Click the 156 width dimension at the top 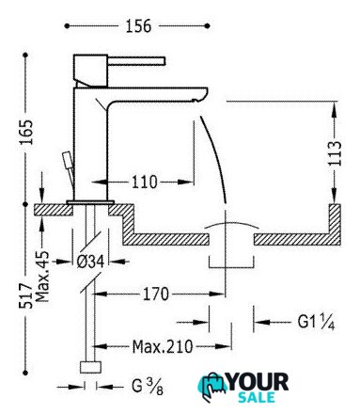[138, 25]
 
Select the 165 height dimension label [26, 132]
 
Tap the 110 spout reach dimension [144, 182]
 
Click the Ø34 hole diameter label [90, 262]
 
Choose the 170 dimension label [156, 295]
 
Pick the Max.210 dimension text [163, 346]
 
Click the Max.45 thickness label [42, 276]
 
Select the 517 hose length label [25, 295]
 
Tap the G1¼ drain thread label [316, 322]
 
